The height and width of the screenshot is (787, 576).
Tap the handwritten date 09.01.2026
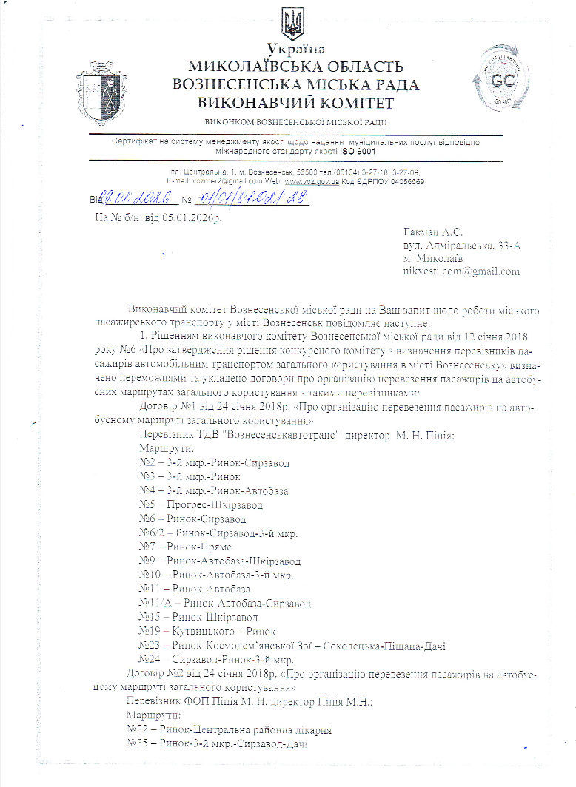click(x=133, y=199)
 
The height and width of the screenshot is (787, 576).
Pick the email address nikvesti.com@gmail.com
click(x=461, y=271)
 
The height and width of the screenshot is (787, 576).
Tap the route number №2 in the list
click(x=146, y=463)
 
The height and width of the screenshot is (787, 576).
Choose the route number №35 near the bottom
click(x=138, y=744)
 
